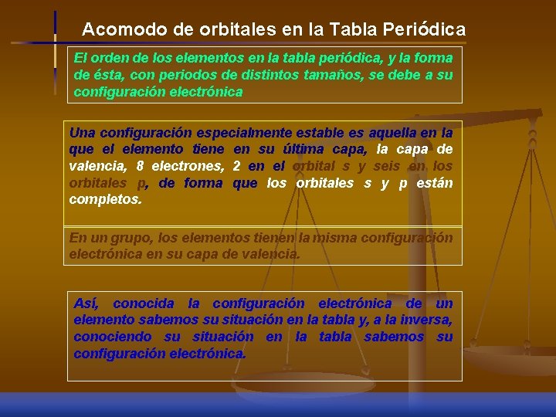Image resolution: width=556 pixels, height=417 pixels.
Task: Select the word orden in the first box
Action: coord(107,59)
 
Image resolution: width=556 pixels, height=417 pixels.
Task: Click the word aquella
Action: coord(395,132)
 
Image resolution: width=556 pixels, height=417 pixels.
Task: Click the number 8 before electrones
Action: coord(140,166)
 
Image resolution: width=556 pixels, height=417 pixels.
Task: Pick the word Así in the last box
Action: coord(86,303)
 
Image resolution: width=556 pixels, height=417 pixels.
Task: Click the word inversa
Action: coord(427,320)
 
